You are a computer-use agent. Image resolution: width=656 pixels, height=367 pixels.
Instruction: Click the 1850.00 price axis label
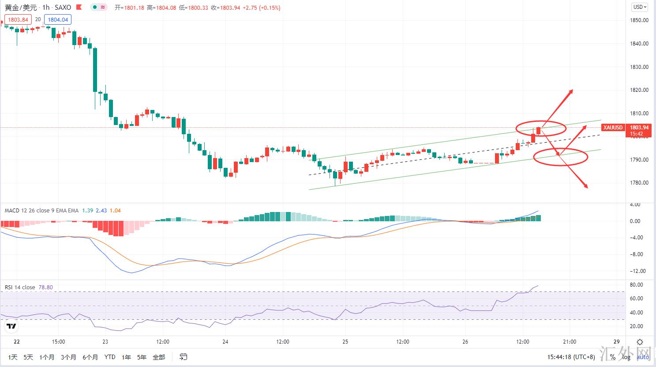639,20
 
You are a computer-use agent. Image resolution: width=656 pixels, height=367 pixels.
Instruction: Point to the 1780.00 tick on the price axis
639,183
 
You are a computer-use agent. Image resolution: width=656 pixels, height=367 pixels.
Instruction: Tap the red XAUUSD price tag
613,128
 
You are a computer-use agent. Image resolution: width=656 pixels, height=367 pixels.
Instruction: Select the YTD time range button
110,357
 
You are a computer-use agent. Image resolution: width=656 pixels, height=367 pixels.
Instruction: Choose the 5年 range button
142,357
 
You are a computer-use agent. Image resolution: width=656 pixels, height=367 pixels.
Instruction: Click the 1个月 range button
47,357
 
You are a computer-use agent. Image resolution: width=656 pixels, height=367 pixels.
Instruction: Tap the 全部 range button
159,357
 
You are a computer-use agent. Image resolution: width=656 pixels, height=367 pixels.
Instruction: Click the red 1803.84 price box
18,19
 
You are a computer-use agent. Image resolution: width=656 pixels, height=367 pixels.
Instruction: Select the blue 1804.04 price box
58,19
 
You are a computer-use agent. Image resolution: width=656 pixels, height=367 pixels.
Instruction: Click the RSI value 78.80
45,288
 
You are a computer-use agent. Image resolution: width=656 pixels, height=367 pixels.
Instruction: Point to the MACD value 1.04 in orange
115,211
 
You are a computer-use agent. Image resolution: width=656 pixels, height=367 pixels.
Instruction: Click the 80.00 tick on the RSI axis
637,285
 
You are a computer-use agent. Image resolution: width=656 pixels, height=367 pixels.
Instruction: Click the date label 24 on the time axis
225,342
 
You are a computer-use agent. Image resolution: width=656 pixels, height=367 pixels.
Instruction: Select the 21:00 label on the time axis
569,342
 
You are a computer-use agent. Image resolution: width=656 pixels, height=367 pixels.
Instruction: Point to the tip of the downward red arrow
587,187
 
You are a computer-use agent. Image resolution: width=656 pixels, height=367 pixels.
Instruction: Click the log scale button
626,357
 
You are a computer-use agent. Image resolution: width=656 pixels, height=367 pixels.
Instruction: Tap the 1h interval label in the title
46,8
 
